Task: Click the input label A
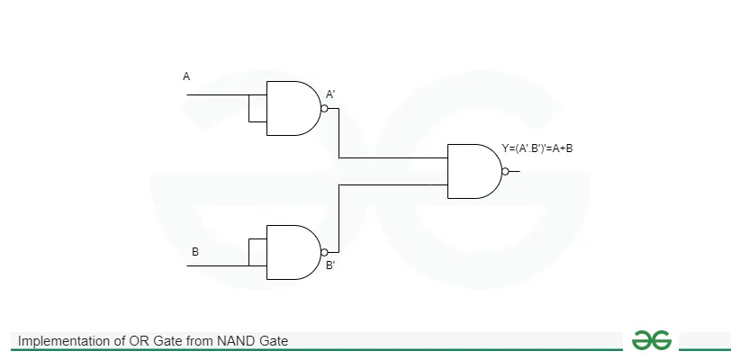(186, 76)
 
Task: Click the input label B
(194, 252)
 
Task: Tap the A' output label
(330, 94)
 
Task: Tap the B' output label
(330, 265)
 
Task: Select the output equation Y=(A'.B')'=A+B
(537, 148)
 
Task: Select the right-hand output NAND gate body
(474, 171)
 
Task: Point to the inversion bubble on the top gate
(325, 108)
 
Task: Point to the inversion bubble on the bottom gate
(325, 252)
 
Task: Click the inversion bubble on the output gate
(506, 171)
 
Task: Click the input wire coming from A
(216, 94)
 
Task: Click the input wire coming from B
(216, 265)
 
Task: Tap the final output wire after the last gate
(515, 171)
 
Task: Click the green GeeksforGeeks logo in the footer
(651, 339)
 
